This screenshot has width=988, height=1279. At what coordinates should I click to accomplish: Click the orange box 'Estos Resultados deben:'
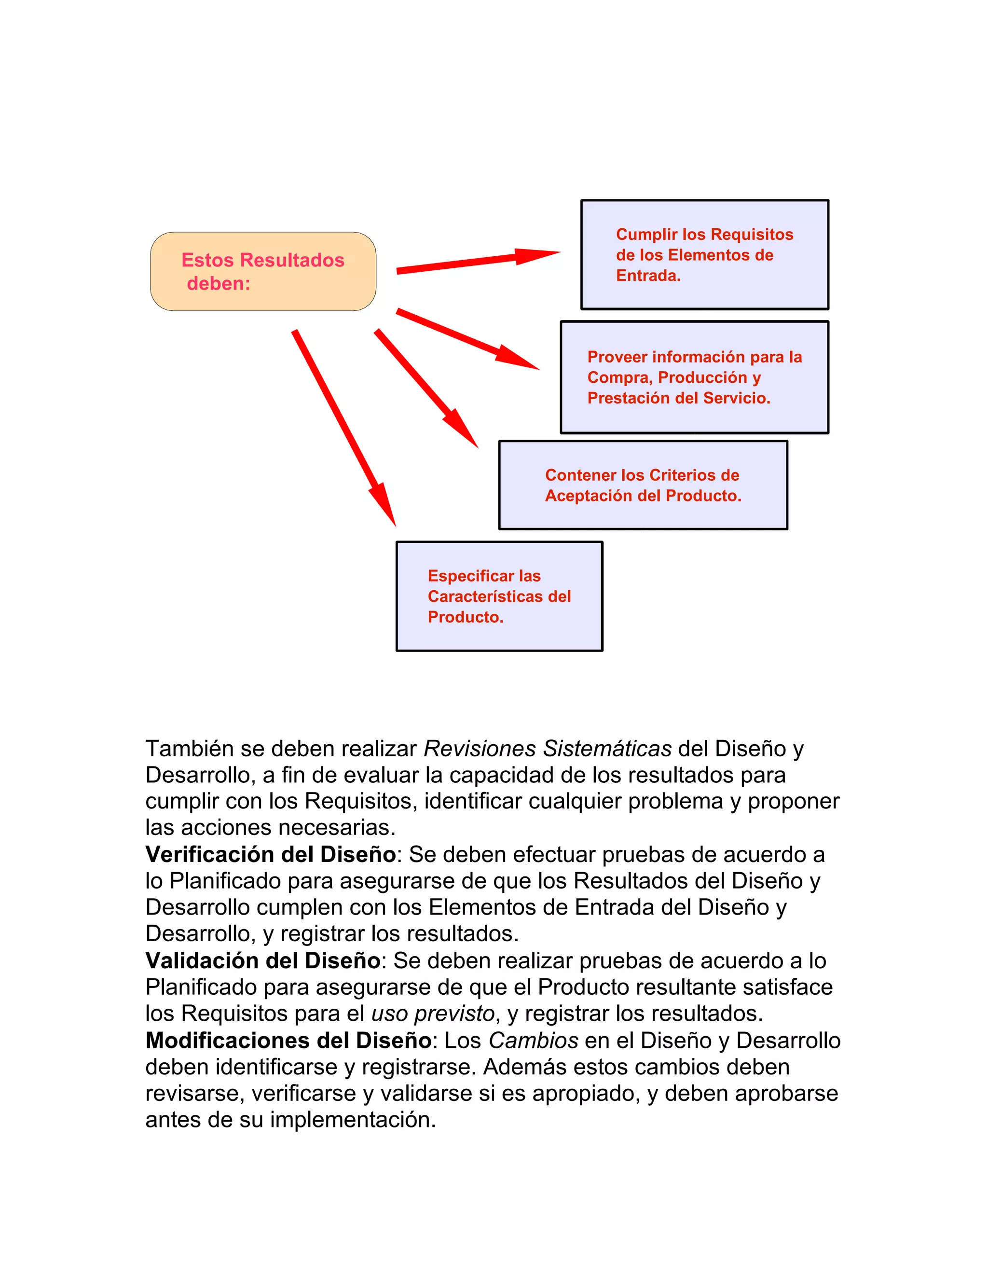coord(263,271)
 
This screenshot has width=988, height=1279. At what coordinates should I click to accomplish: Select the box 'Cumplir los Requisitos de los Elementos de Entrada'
coord(704,255)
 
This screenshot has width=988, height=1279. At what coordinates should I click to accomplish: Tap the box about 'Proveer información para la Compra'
coord(694,377)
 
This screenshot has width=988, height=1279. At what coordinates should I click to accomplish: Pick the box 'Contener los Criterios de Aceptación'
coord(643,485)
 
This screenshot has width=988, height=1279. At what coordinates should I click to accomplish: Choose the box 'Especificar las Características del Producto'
coord(499,596)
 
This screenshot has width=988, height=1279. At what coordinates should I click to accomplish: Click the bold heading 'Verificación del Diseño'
coord(271,854)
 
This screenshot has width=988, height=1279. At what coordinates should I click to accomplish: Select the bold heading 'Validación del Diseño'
coord(263,960)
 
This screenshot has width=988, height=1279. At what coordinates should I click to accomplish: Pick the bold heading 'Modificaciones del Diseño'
coord(288,1040)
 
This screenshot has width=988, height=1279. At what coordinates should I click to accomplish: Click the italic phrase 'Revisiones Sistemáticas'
coord(547,749)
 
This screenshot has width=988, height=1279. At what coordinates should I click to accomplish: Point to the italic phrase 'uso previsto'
coord(433,1013)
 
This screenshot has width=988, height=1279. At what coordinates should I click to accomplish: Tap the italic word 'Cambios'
coord(533,1040)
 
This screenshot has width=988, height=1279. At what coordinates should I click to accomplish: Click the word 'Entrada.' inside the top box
coord(648,275)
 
